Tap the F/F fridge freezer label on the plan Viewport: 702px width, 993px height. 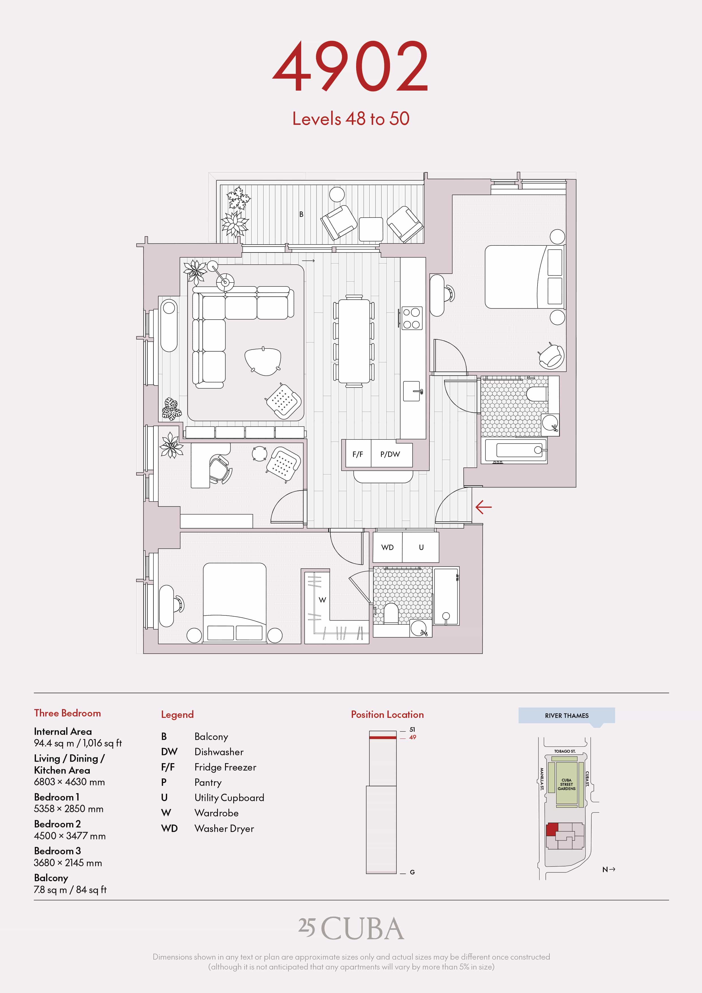(358, 454)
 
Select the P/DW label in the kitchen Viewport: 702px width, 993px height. (390, 454)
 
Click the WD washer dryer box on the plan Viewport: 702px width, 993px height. (388, 547)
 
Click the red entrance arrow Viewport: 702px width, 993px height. (483, 507)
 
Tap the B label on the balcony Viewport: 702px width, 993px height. (301, 214)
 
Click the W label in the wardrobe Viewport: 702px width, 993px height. (322, 600)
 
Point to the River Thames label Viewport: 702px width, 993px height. (567, 716)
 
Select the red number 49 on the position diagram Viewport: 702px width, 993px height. (413, 737)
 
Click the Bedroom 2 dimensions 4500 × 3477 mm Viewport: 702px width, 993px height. (70, 836)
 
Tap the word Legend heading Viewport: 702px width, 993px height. (177, 714)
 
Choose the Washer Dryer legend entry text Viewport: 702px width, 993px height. (224, 829)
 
